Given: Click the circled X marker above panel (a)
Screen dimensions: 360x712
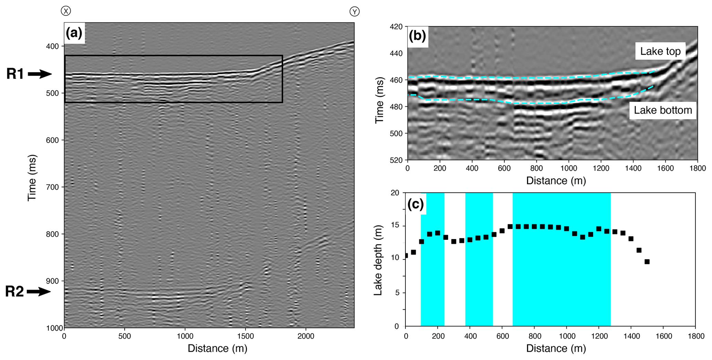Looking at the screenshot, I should click(66, 11).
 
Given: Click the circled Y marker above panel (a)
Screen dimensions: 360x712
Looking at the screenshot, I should click(354, 12).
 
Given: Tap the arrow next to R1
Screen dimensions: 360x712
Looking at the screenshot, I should click(40, 74).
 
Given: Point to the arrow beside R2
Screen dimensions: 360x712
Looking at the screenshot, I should click(39, 292).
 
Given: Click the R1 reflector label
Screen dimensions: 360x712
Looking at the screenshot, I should click(15, 74).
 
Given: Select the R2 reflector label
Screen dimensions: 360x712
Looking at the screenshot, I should click(14, 292).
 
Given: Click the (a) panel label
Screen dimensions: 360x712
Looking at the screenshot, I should click(74, 33).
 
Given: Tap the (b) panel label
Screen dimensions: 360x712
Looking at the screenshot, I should click(417, 36).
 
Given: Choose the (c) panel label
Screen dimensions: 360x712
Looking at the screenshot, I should click(415, 204).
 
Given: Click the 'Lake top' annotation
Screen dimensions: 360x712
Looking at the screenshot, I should click(660, 51).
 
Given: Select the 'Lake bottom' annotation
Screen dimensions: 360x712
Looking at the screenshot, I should click(663, 110).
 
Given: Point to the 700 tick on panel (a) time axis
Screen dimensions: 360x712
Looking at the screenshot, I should click(52, 187).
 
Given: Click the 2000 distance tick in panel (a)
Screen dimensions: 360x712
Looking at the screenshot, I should click(306, 336).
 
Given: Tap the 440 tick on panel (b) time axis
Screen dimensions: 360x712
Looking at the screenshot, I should click(396, 53).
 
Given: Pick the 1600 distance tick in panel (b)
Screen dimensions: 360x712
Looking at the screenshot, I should click(665, 168).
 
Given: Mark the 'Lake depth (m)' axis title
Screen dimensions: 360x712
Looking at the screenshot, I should click(378, 260).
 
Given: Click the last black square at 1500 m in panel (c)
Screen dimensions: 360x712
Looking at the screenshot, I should click(647, 262).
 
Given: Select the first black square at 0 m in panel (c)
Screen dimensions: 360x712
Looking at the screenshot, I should click(406, 256).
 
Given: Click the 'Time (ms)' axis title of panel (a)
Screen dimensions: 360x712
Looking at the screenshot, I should click(32, 178).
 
